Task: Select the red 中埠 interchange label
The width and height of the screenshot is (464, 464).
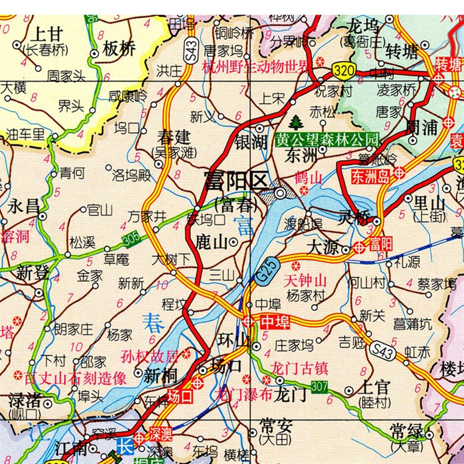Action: (275, 322)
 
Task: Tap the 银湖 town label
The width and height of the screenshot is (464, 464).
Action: (251, 142)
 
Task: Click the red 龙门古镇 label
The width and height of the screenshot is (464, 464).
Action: (299, 368)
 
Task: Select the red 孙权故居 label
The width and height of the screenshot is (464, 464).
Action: (150, 356)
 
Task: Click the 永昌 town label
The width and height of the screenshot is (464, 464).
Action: (24, 206)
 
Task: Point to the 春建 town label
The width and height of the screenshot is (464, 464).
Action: (173, 137)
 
